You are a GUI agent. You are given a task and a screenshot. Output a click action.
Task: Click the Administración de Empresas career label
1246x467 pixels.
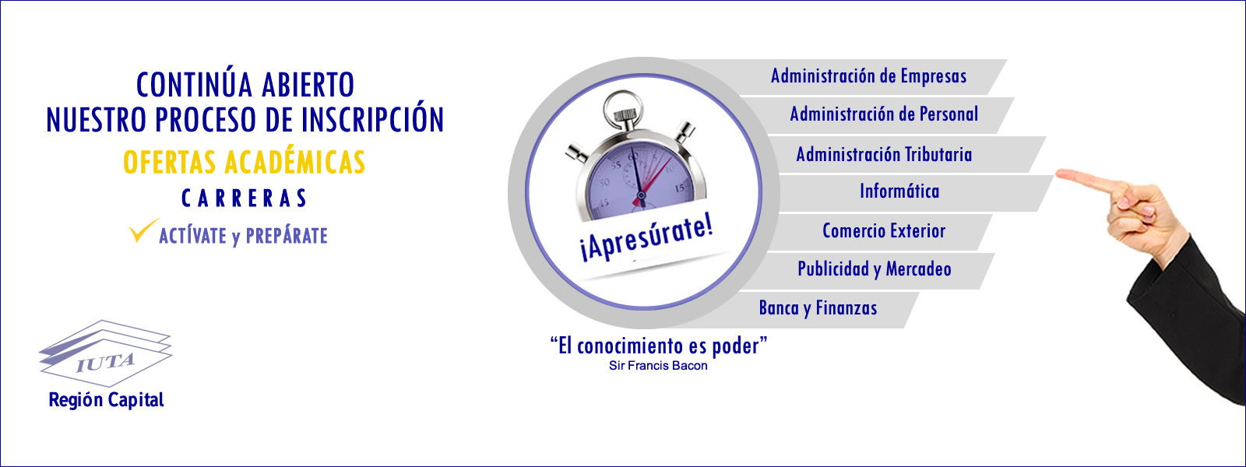[x=868, y=76]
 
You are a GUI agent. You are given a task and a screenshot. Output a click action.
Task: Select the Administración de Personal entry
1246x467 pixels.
[x=884, y=114]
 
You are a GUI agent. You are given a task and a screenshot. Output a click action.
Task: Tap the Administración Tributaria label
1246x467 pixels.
[x=884, y=154]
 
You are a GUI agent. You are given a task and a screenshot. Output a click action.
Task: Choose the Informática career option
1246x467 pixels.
[x=899, y=191]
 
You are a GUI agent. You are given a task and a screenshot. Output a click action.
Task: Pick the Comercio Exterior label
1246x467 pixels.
[x=884, y=230]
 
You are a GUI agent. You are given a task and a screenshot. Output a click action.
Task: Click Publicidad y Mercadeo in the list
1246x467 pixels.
[x=875, y=269]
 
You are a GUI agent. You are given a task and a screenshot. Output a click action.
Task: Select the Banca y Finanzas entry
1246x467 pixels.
[x=818, y=308]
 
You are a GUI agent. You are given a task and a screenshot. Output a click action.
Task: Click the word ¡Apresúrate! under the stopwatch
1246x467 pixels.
[x=646, y=240]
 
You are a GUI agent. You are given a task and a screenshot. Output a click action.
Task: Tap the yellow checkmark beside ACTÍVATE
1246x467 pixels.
[x=143, y=230]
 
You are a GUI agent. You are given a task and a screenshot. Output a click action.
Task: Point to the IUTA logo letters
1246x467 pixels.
[x=105, y=363]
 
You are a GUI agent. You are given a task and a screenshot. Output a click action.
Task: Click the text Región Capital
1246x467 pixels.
[x=106, y=400]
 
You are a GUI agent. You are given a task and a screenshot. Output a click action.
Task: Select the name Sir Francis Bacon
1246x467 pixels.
[x=658, y=366]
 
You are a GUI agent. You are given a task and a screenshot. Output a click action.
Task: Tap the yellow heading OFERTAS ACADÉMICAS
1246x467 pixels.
[x=245, y=163]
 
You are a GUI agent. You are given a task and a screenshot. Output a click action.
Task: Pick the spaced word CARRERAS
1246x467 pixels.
[x=245, y=198]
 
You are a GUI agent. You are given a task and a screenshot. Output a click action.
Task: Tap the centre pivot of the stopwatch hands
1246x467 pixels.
[x=641, y=195]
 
